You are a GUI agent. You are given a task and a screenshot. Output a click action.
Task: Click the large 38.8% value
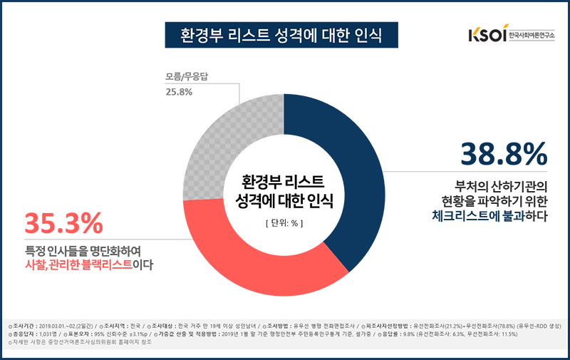click(x=503, y=154)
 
